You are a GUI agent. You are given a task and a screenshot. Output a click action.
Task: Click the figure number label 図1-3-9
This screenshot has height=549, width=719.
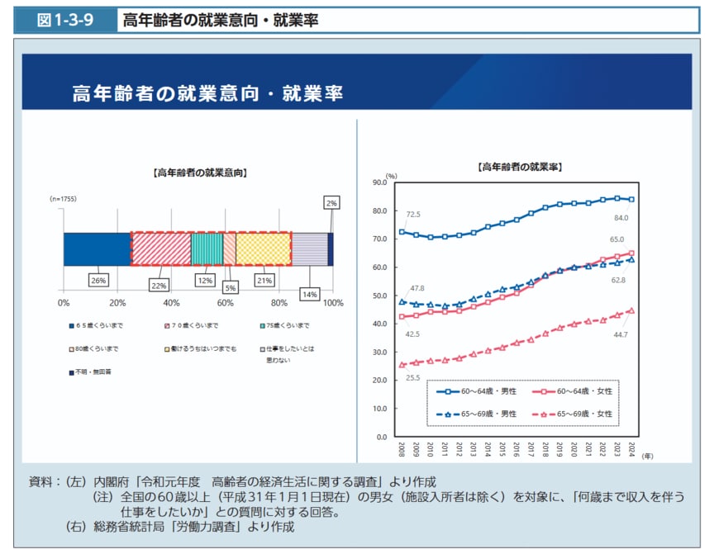tap(64, 20)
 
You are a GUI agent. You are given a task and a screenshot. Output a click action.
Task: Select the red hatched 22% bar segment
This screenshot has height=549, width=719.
tap(160, 248)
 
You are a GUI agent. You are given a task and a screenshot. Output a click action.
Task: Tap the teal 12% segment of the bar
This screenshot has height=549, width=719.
tap(207, 248)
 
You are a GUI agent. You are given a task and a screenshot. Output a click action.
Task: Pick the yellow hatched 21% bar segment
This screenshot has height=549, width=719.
tap(264, 248)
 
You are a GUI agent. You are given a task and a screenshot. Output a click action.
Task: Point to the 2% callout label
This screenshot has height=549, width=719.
tap(331, 203)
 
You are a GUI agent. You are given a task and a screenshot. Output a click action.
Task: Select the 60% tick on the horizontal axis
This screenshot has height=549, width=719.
tap(225, 303)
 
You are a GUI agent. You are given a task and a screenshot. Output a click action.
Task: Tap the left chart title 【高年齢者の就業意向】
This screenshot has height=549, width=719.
tap(200, 173)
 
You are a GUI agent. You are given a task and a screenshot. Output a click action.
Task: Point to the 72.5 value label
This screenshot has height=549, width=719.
tap(413, 215)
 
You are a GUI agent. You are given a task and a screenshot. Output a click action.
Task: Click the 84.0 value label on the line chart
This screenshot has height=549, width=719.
tap(621, 218)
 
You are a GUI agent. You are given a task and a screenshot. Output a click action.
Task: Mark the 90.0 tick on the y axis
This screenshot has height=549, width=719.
tap(380, 182)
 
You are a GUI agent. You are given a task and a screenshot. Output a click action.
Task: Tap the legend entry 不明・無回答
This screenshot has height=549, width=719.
tap(95, 373)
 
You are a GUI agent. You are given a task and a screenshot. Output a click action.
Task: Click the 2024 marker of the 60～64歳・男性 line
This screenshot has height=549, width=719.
tap(631, 199)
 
